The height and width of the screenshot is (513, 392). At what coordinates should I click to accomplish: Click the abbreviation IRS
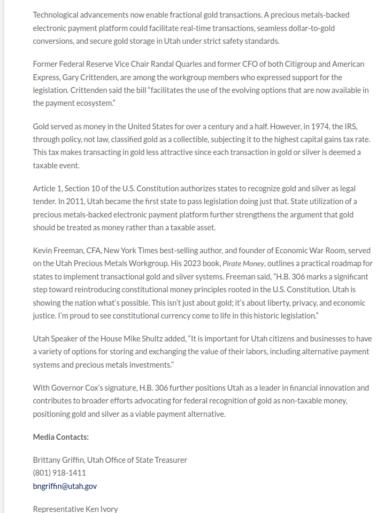coord(350,127)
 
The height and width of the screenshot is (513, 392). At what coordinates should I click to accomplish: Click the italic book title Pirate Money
coord(243,263)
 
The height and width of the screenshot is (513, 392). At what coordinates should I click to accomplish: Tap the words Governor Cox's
coord(76,388)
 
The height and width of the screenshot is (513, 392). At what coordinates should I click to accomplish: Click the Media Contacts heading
coord(60,437)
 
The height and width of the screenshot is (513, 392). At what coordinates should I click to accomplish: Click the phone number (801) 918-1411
coord(59,473)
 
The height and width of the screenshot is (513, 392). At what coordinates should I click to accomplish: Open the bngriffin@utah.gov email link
coord(65,486)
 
